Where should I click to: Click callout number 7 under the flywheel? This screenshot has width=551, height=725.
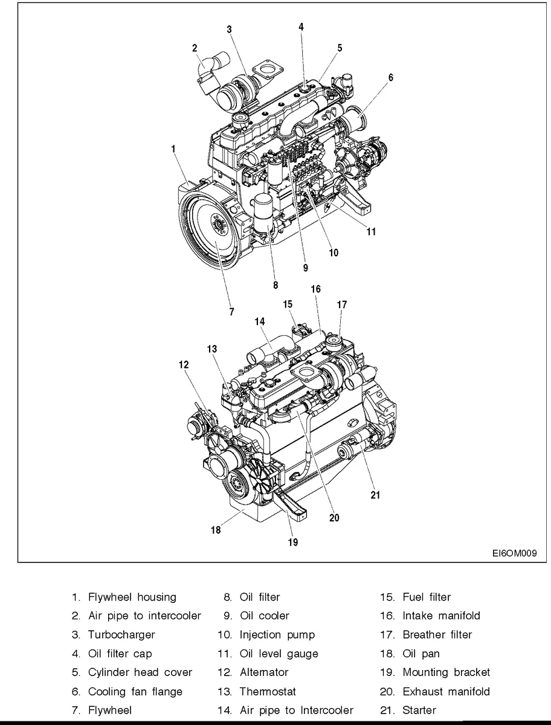point(231,312)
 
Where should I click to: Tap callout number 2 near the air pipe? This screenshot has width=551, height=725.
point(195,48)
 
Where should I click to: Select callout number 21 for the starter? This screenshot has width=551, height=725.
point(375,495)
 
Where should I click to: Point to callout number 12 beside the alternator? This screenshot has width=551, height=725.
point(184,364)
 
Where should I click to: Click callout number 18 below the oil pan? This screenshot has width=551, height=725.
point(216,530)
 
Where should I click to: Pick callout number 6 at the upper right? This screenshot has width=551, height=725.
point(391,77)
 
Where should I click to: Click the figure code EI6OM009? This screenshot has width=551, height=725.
point(514,552)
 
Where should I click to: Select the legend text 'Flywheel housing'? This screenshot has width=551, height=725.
point(132,597)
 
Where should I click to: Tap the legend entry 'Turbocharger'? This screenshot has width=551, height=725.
point(121,634)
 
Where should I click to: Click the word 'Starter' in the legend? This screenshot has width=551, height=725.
point(419,709)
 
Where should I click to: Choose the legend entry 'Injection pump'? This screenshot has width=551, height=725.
point(277,634)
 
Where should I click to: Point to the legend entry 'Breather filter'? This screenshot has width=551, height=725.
point(437,634)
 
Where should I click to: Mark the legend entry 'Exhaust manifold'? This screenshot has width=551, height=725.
point(446,691)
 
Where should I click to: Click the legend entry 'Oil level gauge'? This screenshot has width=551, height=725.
point(279,653)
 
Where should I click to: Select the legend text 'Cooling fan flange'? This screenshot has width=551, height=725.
point(135,691)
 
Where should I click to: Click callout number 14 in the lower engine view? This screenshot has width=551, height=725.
point(260,322)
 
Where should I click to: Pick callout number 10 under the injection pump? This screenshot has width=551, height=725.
point(333,253)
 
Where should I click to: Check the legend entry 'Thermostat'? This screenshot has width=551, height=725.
point(268,691)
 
